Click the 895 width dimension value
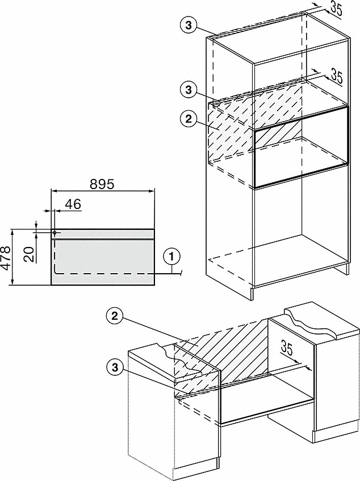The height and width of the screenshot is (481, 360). (x=102, y=185)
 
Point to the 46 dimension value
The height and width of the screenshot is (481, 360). (x=73, y=204)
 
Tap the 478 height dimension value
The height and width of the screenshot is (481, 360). (x=7, y=257)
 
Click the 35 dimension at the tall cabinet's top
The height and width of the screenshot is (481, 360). (x=336, y=9)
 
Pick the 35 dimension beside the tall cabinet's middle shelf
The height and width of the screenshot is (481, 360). (x=336, y=77)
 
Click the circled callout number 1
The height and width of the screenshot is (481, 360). (x=171, y=257)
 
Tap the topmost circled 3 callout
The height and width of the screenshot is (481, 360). (x=189, y=26)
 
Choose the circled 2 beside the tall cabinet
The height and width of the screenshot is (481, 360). (x=189, y=119)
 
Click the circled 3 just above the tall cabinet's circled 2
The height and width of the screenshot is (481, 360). (x=189, y=90)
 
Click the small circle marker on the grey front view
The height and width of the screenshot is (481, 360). (x=55, y=232)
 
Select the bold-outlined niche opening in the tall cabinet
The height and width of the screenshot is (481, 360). (x=301, y=147)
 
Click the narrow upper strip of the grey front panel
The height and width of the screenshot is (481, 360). (x=102, y=233)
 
